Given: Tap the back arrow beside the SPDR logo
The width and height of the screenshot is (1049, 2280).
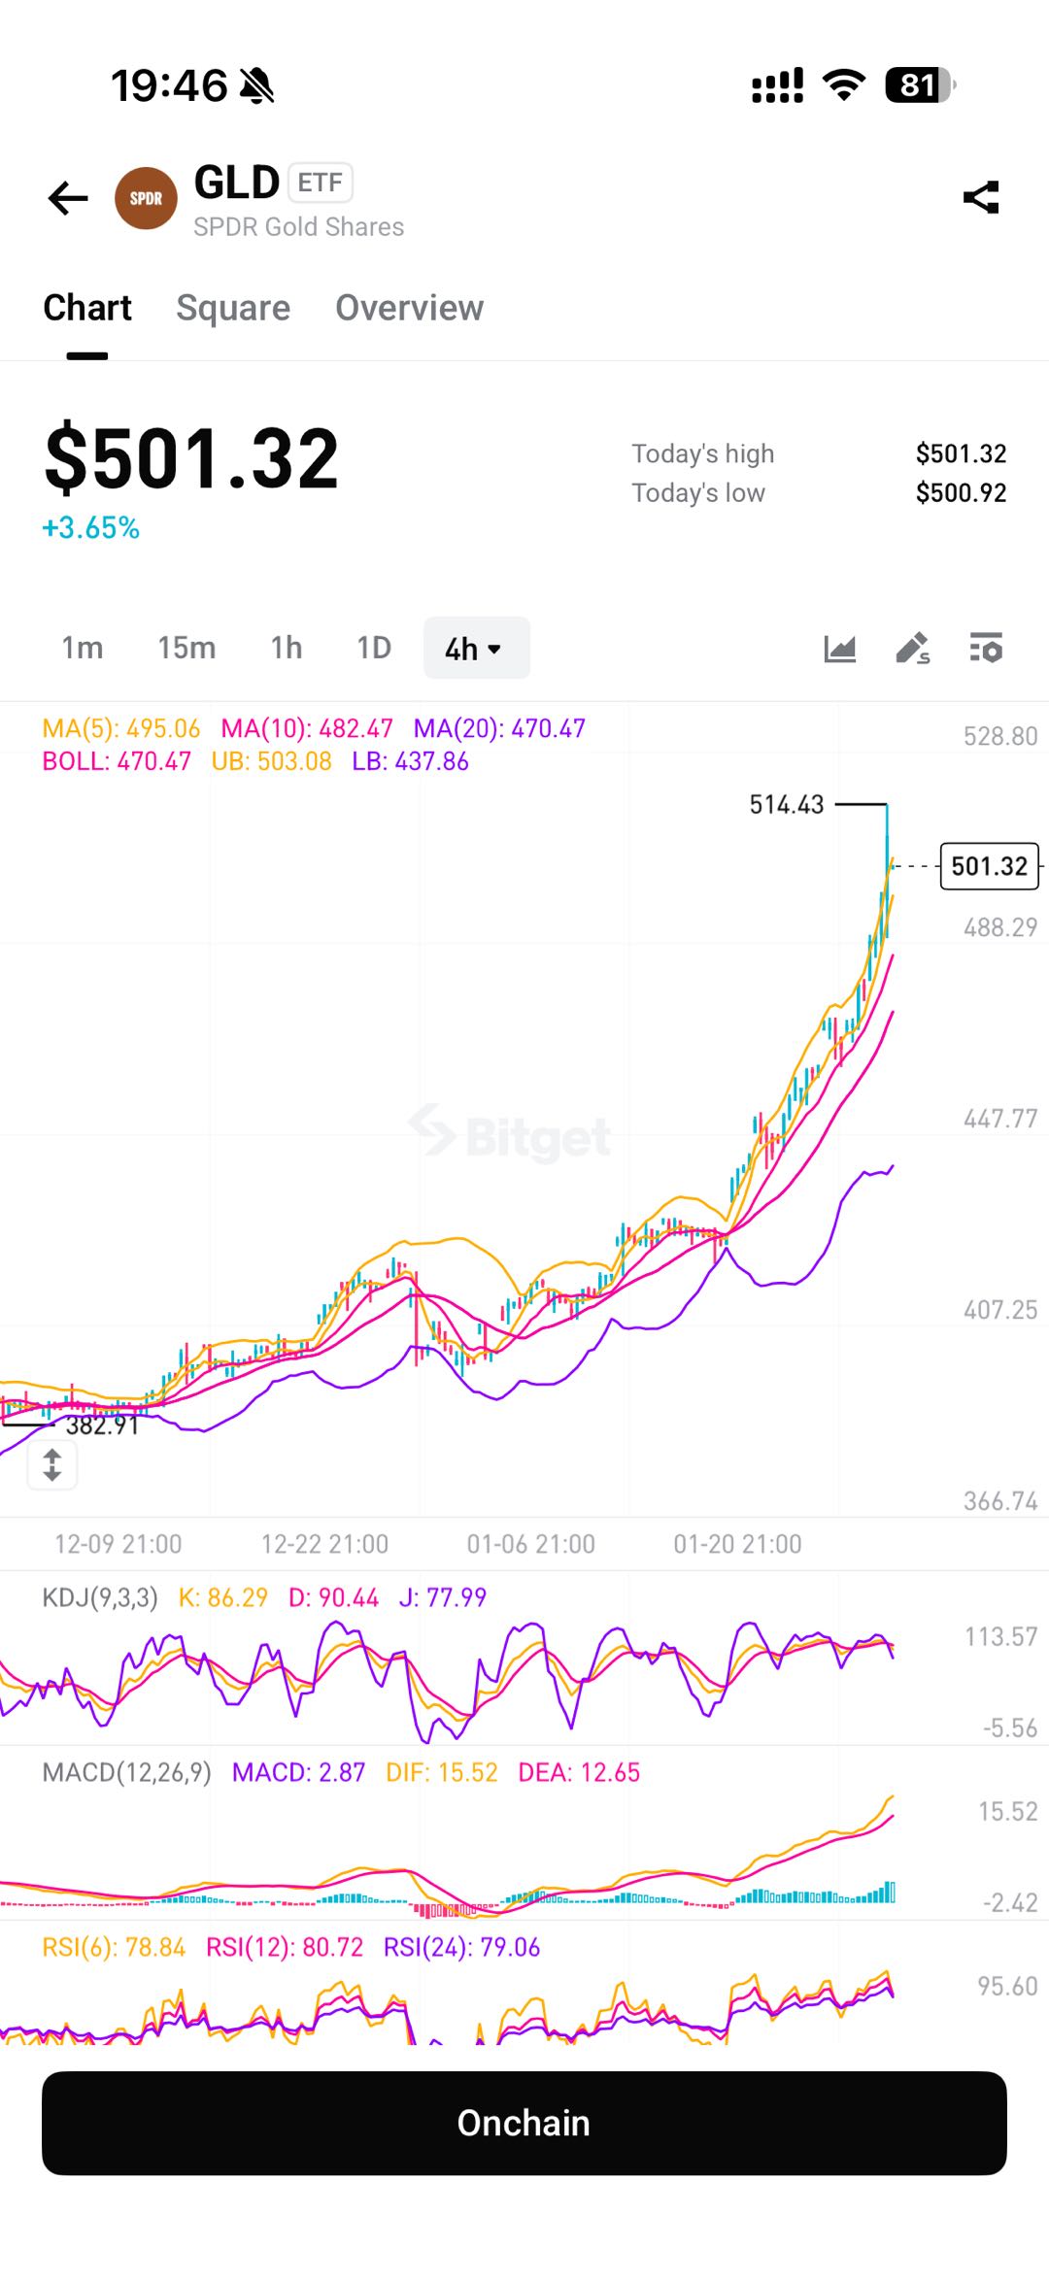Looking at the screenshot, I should point(68,198).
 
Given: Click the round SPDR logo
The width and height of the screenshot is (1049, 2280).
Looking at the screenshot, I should point(146,198).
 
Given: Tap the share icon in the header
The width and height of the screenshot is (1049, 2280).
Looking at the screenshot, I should point(981,197).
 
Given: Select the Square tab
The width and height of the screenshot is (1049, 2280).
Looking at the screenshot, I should point(233,308).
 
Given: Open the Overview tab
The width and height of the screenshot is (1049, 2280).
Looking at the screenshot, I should point(409,308).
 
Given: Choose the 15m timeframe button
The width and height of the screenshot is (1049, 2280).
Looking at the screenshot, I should point(186,648).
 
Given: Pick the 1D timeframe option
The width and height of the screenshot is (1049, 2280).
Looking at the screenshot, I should point(374,648).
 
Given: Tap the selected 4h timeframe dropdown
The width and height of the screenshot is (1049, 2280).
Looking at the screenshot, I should point(475,648).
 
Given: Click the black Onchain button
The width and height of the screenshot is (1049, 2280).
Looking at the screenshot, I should point(524,2123).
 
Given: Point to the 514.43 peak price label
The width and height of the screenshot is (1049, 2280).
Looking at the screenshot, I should point(786,804).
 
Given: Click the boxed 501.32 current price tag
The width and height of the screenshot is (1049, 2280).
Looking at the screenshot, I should point(989,865).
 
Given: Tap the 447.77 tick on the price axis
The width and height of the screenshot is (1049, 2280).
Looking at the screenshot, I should point(999,1119).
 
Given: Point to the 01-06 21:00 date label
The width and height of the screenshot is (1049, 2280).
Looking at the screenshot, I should point(530,1544).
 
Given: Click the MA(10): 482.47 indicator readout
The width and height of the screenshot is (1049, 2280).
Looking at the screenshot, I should point(306,728).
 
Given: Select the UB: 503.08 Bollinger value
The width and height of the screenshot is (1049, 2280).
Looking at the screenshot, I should point(271,761).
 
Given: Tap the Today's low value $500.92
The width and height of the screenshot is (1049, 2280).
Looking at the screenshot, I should point(961,493).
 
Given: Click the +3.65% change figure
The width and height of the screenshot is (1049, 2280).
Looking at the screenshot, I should point(91,528).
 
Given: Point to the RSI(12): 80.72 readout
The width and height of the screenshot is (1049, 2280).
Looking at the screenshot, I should point(284,1947).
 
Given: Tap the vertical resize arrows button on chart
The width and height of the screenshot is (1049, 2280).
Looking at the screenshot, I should point(52,1464).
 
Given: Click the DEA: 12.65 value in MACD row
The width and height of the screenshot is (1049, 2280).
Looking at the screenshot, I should point(579,1772).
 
